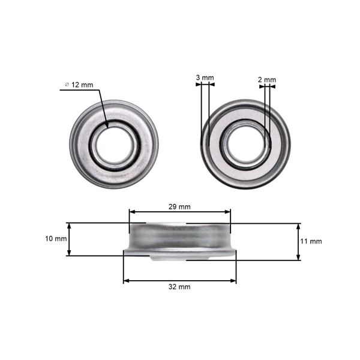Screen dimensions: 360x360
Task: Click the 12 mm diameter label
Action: [82, 85]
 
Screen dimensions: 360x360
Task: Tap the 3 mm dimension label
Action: [205, 77]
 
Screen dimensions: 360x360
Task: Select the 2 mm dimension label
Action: [267, 80]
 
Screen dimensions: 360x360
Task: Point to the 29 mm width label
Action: [179, 206]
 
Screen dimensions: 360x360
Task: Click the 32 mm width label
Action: [179, 287]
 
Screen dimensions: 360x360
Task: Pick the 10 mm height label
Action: [56, 239]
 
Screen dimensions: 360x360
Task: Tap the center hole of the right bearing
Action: [245, 145]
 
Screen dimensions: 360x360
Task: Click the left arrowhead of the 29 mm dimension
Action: [132, 212]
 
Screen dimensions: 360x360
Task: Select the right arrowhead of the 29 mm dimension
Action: [228, 212]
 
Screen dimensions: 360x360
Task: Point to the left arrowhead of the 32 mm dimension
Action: [126, 280]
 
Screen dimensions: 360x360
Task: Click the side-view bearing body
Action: [179, 240]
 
